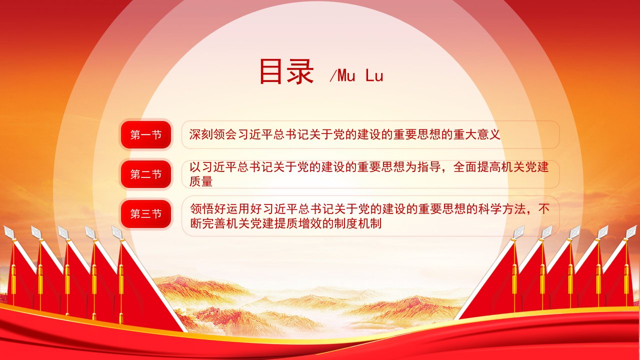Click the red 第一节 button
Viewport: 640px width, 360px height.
pos(146,134)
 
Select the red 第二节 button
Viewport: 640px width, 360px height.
pos(146,174)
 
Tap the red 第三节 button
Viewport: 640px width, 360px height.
pos(146,213)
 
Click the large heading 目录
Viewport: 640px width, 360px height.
pos(286,71)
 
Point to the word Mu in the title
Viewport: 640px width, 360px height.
pos(346,75)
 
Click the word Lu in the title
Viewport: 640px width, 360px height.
pos(374,75)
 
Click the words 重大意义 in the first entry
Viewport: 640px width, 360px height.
pos(476,134)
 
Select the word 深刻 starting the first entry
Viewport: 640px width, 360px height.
pos(201,134)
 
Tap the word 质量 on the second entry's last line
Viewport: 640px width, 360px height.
pos(201,181)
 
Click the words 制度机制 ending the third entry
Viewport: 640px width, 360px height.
pos(357,223)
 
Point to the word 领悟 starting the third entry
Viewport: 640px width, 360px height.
pos(202,209)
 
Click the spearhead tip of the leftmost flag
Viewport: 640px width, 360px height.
pos(4,226)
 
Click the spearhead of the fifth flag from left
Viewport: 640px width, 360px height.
pos(117,232)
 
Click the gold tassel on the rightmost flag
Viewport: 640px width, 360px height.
pos(626,278)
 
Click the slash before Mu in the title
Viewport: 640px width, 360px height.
pos(333,75)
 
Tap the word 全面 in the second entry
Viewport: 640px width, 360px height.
pos(465,167)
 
